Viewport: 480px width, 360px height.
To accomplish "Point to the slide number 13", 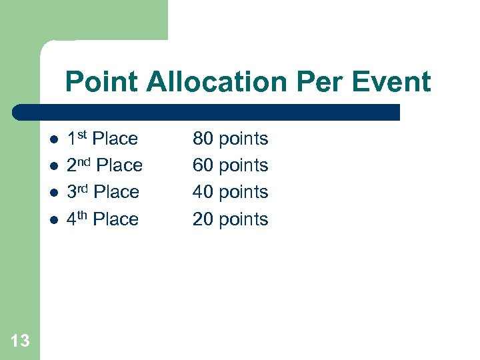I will (20, 341).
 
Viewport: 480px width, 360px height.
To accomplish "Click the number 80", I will (203, 139).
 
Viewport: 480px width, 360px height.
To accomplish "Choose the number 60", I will (203, 165).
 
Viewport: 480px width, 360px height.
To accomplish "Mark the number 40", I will (203, 192).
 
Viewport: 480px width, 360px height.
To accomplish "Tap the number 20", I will (203, 219).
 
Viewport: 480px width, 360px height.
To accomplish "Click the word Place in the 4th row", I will (116, 219).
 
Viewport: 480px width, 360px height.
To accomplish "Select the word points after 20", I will (243, 220).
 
